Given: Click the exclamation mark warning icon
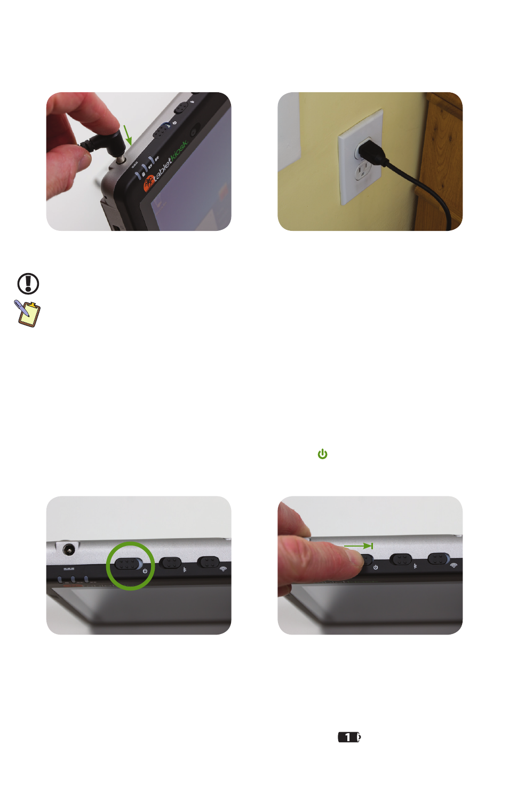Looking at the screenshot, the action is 28,284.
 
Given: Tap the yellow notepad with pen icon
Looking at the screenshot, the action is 27,314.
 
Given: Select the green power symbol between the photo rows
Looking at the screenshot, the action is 322,454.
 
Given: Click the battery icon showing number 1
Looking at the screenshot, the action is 349,737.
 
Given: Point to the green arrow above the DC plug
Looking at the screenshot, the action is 128,135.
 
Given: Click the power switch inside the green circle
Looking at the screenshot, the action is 129,564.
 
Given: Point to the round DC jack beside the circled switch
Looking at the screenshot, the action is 69,549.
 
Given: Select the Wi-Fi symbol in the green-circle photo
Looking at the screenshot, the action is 223,569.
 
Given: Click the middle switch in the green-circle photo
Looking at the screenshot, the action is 170,563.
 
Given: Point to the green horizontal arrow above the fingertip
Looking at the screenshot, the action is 358,546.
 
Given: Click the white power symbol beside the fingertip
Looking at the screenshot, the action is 376,567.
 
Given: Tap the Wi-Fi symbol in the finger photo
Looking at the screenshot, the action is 454,565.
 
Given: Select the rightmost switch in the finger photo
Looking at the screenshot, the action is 439,558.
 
